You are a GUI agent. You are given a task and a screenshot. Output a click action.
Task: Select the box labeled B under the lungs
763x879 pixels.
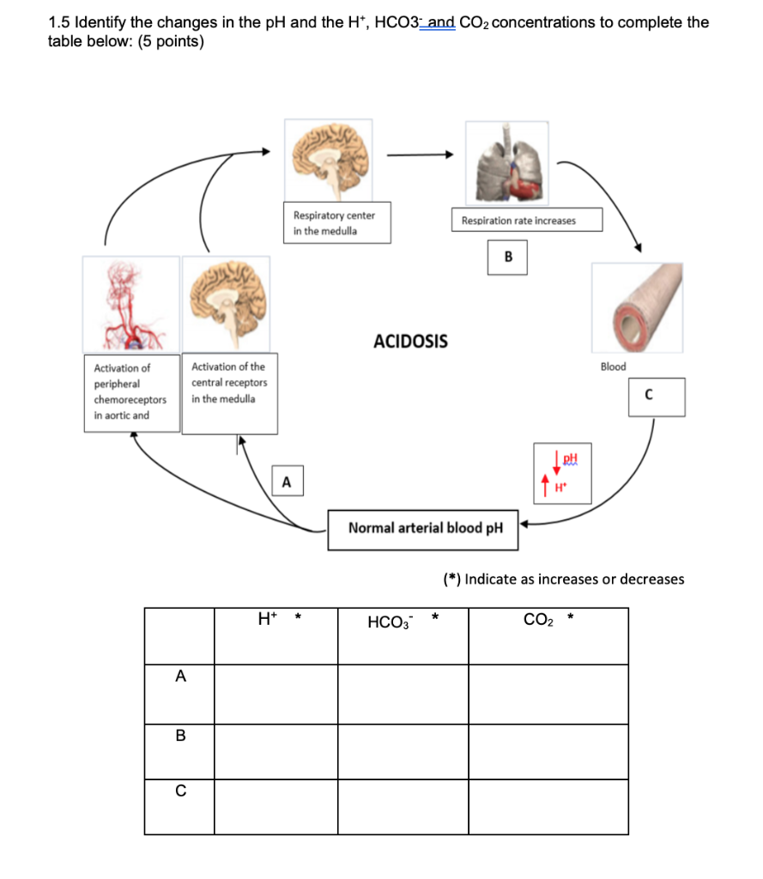[x=508, y=257]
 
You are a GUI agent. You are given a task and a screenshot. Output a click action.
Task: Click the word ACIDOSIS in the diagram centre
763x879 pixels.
[x=410, y=342]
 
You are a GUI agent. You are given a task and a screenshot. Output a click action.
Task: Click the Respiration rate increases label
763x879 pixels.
[x=518, y=221]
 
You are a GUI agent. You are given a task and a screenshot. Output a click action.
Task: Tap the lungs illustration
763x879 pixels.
[x=507, y=163]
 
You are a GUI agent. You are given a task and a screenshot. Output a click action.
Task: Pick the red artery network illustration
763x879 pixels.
[x=131, y=305]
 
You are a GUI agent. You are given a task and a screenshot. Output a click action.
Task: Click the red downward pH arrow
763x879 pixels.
[x=557, y=462]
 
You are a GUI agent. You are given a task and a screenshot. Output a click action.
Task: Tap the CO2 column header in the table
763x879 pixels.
[x=539, y=619]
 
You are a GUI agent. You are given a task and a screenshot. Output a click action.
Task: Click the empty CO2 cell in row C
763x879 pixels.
[x=548, y=805]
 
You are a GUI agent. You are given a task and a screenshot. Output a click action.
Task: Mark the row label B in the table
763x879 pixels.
[x=179, y=736]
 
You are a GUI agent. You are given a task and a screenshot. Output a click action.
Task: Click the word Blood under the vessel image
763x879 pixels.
[x=613, y=367]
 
